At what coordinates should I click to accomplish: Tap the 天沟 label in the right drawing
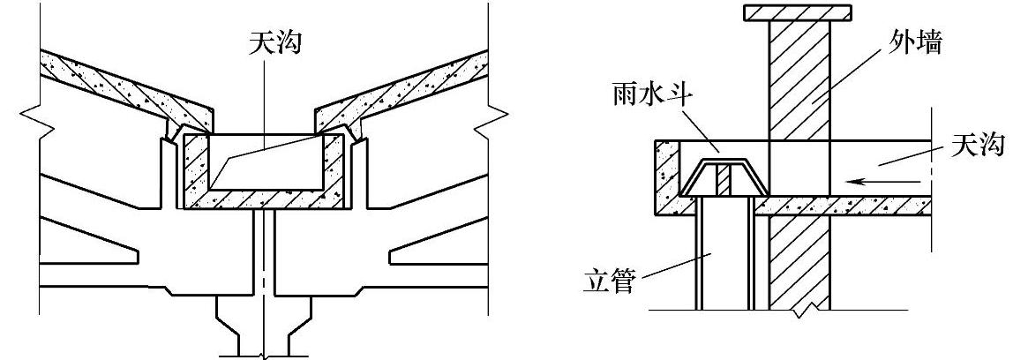[978, 146]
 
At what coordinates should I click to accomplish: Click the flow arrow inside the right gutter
[870, 182]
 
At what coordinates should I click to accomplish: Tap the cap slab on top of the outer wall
[798, 12]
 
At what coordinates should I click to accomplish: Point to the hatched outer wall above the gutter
[799, 79]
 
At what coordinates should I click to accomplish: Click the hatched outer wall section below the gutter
[799, 265]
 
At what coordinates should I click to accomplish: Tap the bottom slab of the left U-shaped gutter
[265, 202]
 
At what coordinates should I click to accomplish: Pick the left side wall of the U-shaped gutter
[195, 168]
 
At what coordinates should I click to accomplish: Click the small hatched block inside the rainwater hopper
[722, 182]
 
